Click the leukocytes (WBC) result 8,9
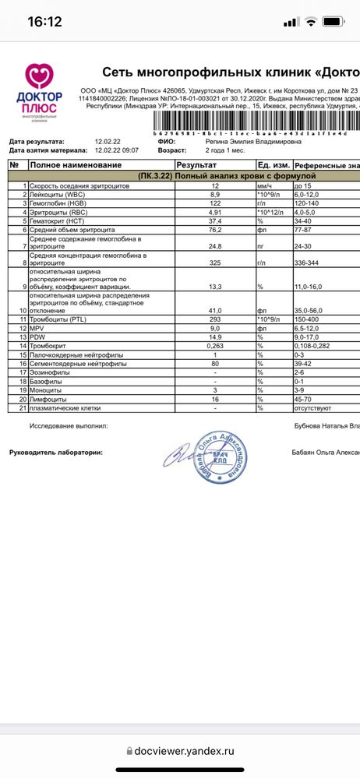tap(216, 194)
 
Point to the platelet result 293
tap(216, 319)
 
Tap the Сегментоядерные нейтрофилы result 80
tap(216, 363)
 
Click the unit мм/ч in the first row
tap(266, 185)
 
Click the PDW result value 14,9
tap(216, 337)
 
